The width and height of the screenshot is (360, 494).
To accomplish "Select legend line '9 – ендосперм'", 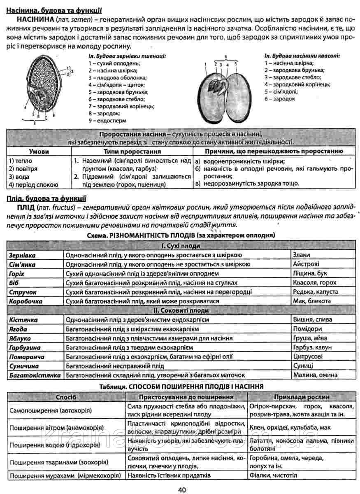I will pyautogui.click(x=107, y=121).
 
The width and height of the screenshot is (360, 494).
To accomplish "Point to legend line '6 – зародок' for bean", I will pyautogui.click(x=280, y=99).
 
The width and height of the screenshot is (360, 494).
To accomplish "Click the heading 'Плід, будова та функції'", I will pyautogui.click(x=46, y=198).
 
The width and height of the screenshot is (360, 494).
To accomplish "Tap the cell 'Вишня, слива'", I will pyautogui.click(x=312, y=319).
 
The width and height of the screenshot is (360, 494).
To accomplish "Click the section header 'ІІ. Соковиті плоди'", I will pyautogui.click(x=181, y=310).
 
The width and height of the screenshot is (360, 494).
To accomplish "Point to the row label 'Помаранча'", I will pyautogui.click(x=27, y=357).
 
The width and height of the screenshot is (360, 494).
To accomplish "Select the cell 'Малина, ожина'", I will pyautogui.click(x=315, y=375).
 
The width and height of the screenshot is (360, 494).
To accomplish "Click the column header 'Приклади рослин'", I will pyautogui.click(x=302, y=397).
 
